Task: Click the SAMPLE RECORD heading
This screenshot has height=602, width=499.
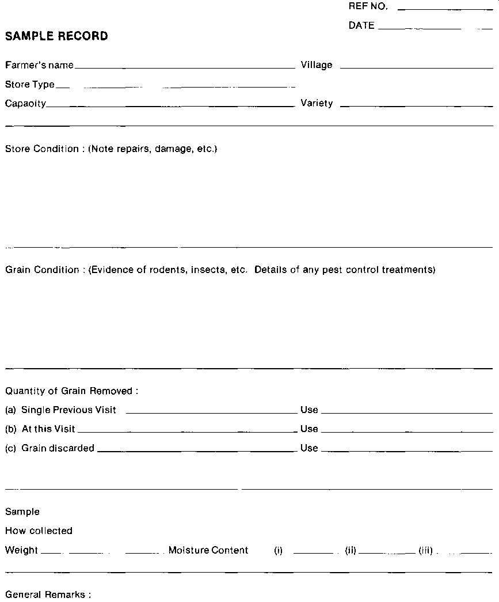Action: click(x=56, y=36)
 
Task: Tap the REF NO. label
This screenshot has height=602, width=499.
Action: click(x=368, y=7)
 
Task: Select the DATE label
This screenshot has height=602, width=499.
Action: click(x=361, y=25)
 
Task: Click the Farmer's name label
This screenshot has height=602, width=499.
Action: click(x=39, y=65)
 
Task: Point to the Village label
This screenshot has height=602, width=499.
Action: click(x=317, y=65)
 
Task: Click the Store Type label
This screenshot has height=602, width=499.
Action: click(x=30, y=85)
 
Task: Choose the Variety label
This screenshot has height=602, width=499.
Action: click(x=317, y=104)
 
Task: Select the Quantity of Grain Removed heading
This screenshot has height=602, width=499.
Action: click(x=72, y=391)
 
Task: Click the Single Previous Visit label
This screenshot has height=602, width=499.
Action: click(x=68, y=410)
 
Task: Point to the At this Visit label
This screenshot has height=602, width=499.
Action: click(x=48, y=429)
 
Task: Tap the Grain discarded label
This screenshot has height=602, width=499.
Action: click(x=58, y=448)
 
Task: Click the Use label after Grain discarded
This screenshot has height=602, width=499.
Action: click(x=309, y=448)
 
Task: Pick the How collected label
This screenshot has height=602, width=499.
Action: click(x=39, y=531)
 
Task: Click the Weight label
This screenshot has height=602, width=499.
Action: click(x=21, y=550)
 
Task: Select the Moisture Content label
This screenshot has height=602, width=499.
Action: click(x=208, y=550)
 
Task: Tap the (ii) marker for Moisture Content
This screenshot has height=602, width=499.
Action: click(x=351, y=550)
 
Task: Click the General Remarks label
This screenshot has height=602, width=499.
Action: click(x=48, y=595)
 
